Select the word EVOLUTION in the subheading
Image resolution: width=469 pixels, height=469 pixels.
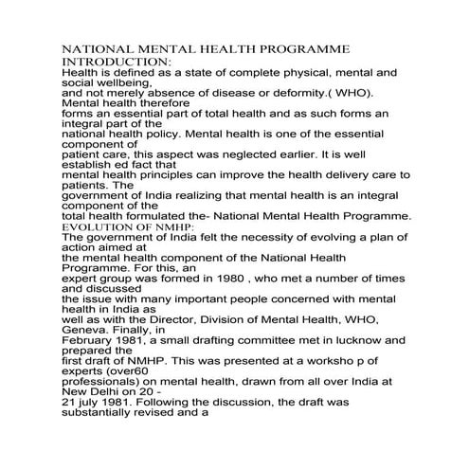pyautogui.click(x=96, y=227)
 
